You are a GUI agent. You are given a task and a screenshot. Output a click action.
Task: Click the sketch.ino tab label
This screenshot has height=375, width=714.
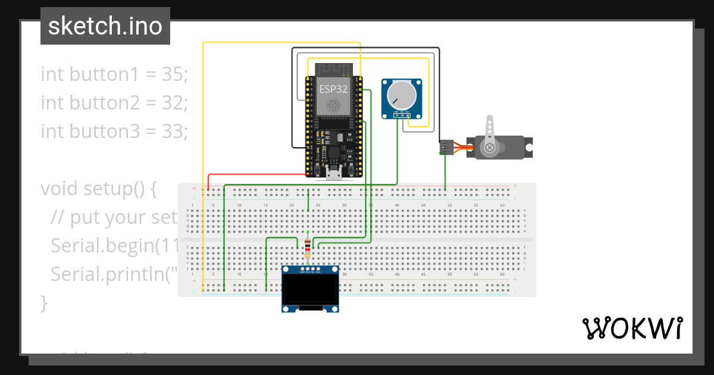(x=105, y=26)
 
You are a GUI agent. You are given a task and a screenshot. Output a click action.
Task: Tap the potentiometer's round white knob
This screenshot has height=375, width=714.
(x=400, y=94)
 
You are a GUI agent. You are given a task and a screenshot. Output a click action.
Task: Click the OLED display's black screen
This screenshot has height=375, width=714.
(x=310, y=290)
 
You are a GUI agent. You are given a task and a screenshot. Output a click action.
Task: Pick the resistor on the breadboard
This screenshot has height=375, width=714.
(x=307, y=246)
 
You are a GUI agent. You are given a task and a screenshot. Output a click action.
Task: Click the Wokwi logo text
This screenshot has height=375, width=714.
(x=632, y=328)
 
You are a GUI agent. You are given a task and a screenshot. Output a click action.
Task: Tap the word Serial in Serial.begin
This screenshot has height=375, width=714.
(x=75, y=246)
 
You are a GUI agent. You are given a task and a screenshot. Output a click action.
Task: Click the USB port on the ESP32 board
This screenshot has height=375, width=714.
(x=334, y=173)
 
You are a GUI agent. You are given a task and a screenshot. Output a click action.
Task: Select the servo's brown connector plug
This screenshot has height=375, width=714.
(x=446, y=147)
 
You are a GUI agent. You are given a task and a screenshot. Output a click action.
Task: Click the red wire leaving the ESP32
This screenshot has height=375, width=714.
(x=256, y=174)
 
